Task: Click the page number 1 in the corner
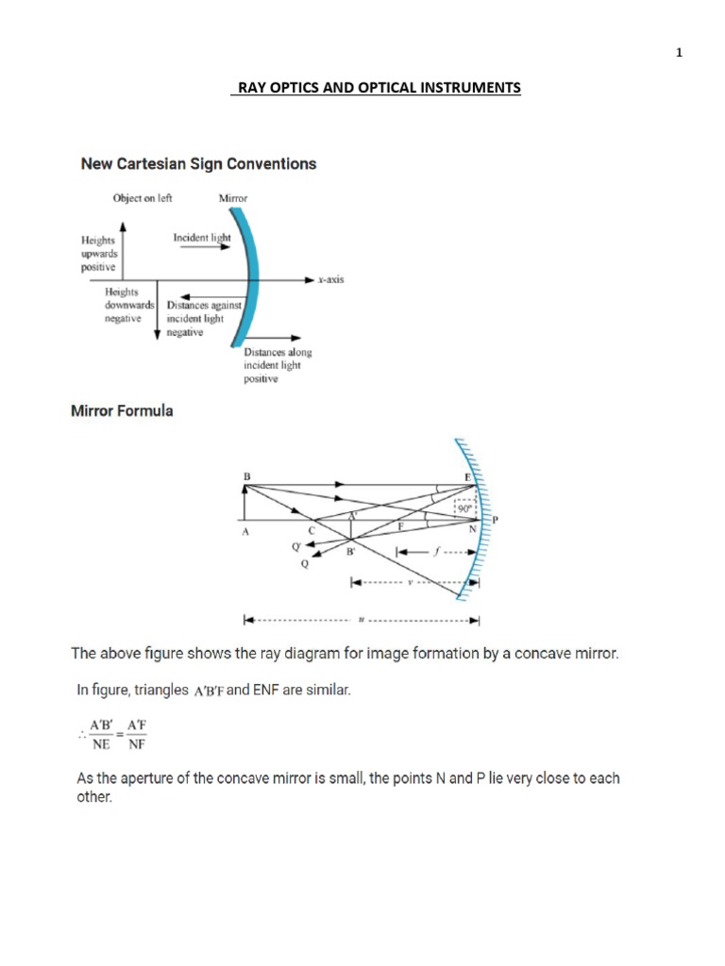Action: point(678,53)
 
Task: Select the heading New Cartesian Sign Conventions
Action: point(198,164)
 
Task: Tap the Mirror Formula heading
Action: point(123,411)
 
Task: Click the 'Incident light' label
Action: point(201,238)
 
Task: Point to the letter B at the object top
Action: point(246,477)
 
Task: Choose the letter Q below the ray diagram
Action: point(304,565)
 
